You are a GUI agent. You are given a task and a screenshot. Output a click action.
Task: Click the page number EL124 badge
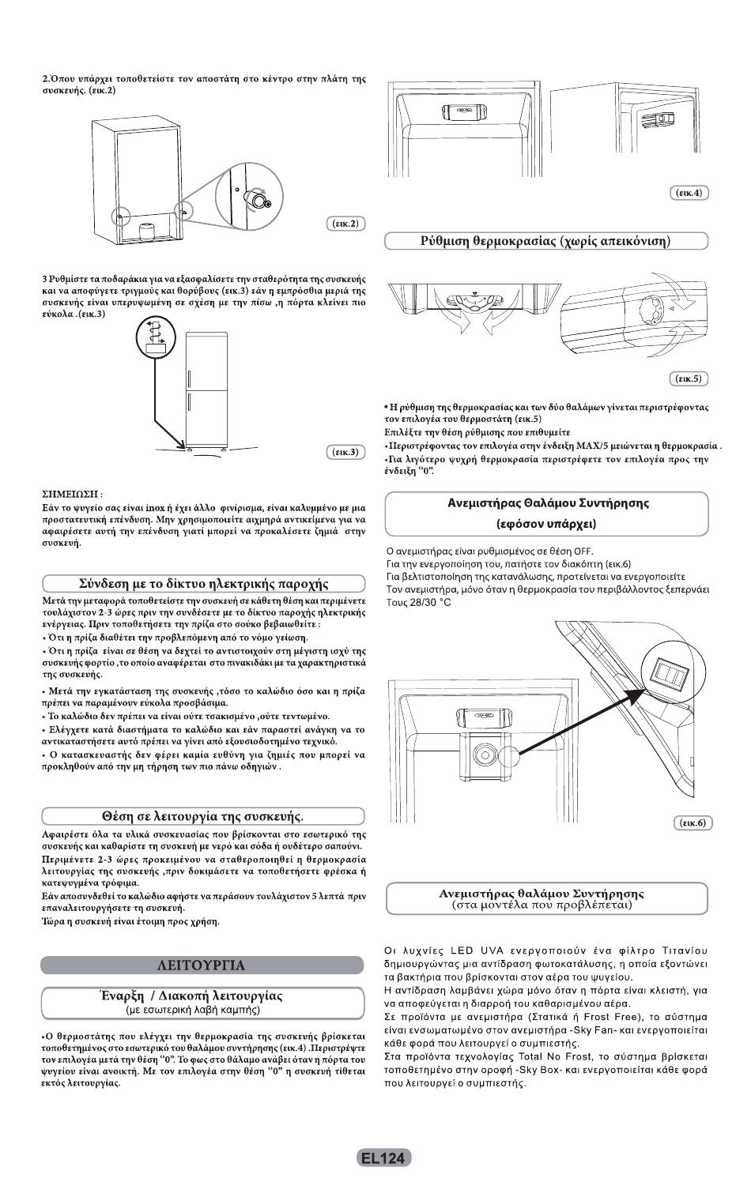tap(383, 1157)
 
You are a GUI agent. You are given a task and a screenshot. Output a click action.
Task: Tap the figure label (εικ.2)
tap(345, 224)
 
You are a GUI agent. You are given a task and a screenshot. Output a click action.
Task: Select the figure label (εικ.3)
tap(345, 452)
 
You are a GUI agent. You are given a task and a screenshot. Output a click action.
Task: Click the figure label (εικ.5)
tap(688, 379)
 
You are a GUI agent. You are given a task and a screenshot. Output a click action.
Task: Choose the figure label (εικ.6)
tap(693, 823)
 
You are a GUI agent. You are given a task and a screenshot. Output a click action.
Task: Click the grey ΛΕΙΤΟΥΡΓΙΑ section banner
tap(202, 965)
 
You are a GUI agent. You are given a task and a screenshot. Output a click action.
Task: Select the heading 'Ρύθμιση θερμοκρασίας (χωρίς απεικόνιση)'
tap(545, 241)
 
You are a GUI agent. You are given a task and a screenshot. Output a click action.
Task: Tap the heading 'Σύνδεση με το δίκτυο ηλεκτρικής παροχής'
tap(203, 584)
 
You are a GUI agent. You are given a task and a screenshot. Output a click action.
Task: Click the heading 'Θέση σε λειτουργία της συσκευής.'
tap(202, 815)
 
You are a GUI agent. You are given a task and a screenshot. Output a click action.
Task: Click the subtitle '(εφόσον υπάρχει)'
tap(546, 524)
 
